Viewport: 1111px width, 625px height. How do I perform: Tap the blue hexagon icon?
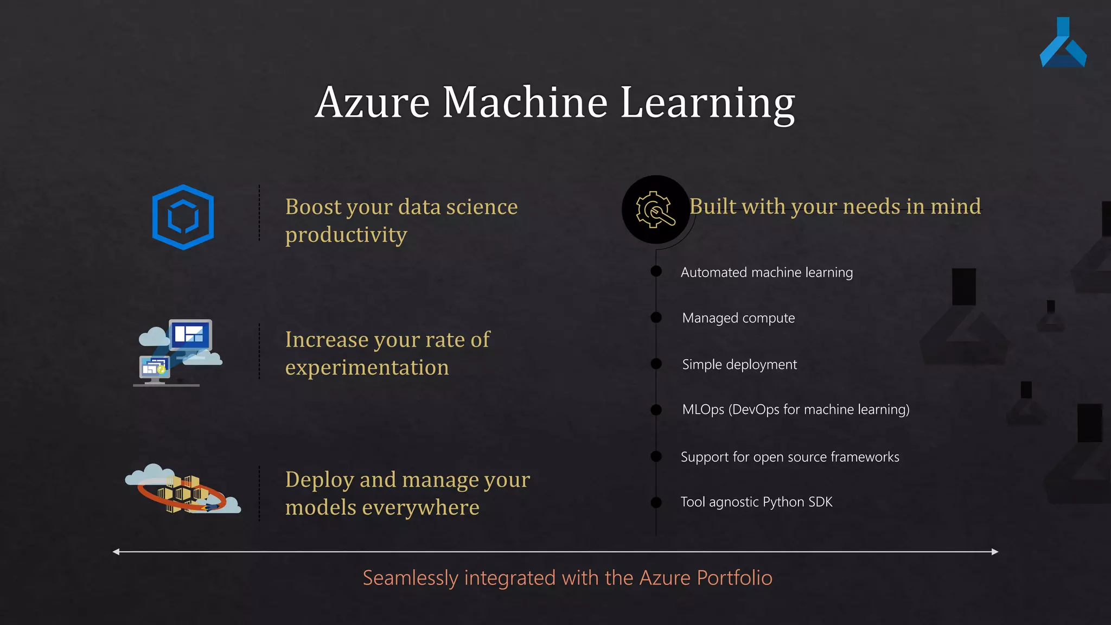click(x=183, y=217)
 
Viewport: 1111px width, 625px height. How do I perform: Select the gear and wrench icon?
click(x=655, y=209)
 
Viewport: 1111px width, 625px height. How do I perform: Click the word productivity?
click(x=346, y=235)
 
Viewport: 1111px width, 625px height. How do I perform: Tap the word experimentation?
click(x=367, y=368)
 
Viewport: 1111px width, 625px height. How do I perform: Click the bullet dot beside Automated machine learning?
click(x=656, y=271)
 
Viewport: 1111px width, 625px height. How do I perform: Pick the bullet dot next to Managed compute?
click(x=656, y=317)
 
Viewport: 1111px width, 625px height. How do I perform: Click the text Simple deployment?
click(x=739, y=365)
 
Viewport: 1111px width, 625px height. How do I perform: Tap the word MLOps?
click(x=703, y=410)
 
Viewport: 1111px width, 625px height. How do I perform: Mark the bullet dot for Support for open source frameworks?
click(x=656, y=456)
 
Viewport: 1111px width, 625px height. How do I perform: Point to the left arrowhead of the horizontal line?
click(x=116, y=552)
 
